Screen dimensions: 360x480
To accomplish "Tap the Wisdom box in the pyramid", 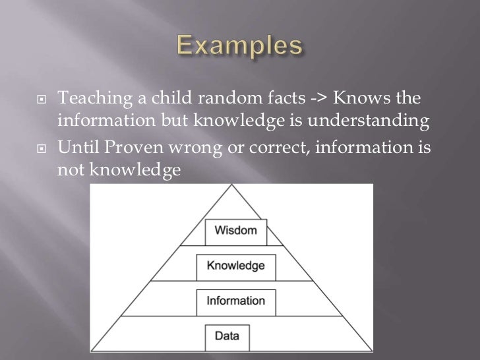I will [235, 231].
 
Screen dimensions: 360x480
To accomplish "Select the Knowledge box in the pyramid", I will [236, 266].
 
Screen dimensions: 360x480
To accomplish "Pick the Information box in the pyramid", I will [236, 301].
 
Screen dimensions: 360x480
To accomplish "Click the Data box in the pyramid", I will [235, 336].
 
